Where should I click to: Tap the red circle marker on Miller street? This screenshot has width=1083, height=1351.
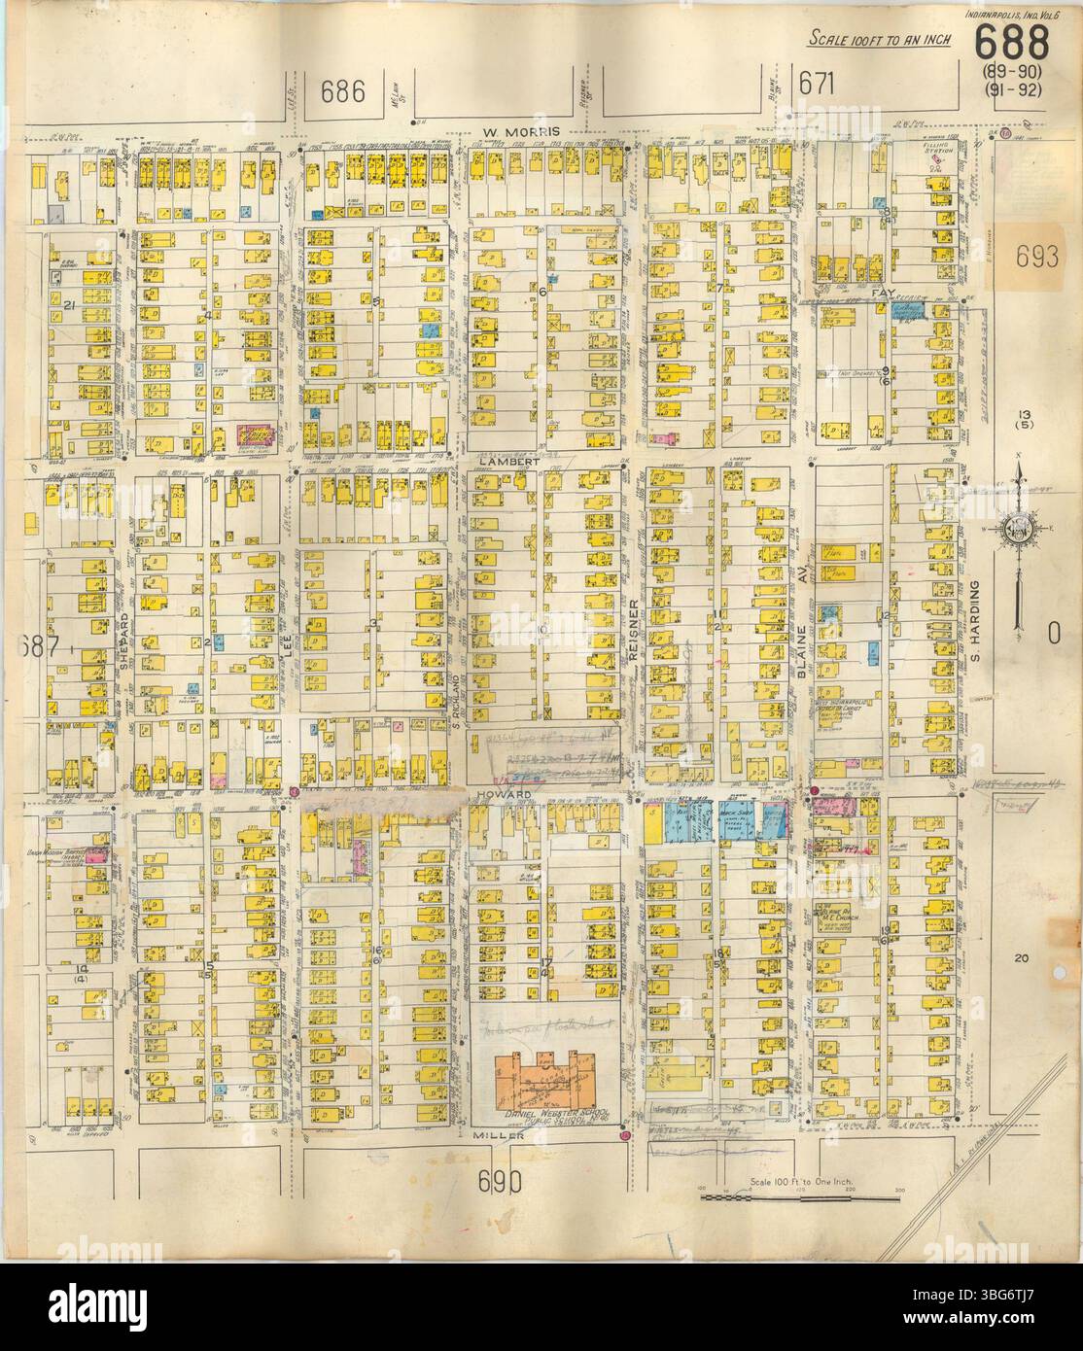(627, 1135)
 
